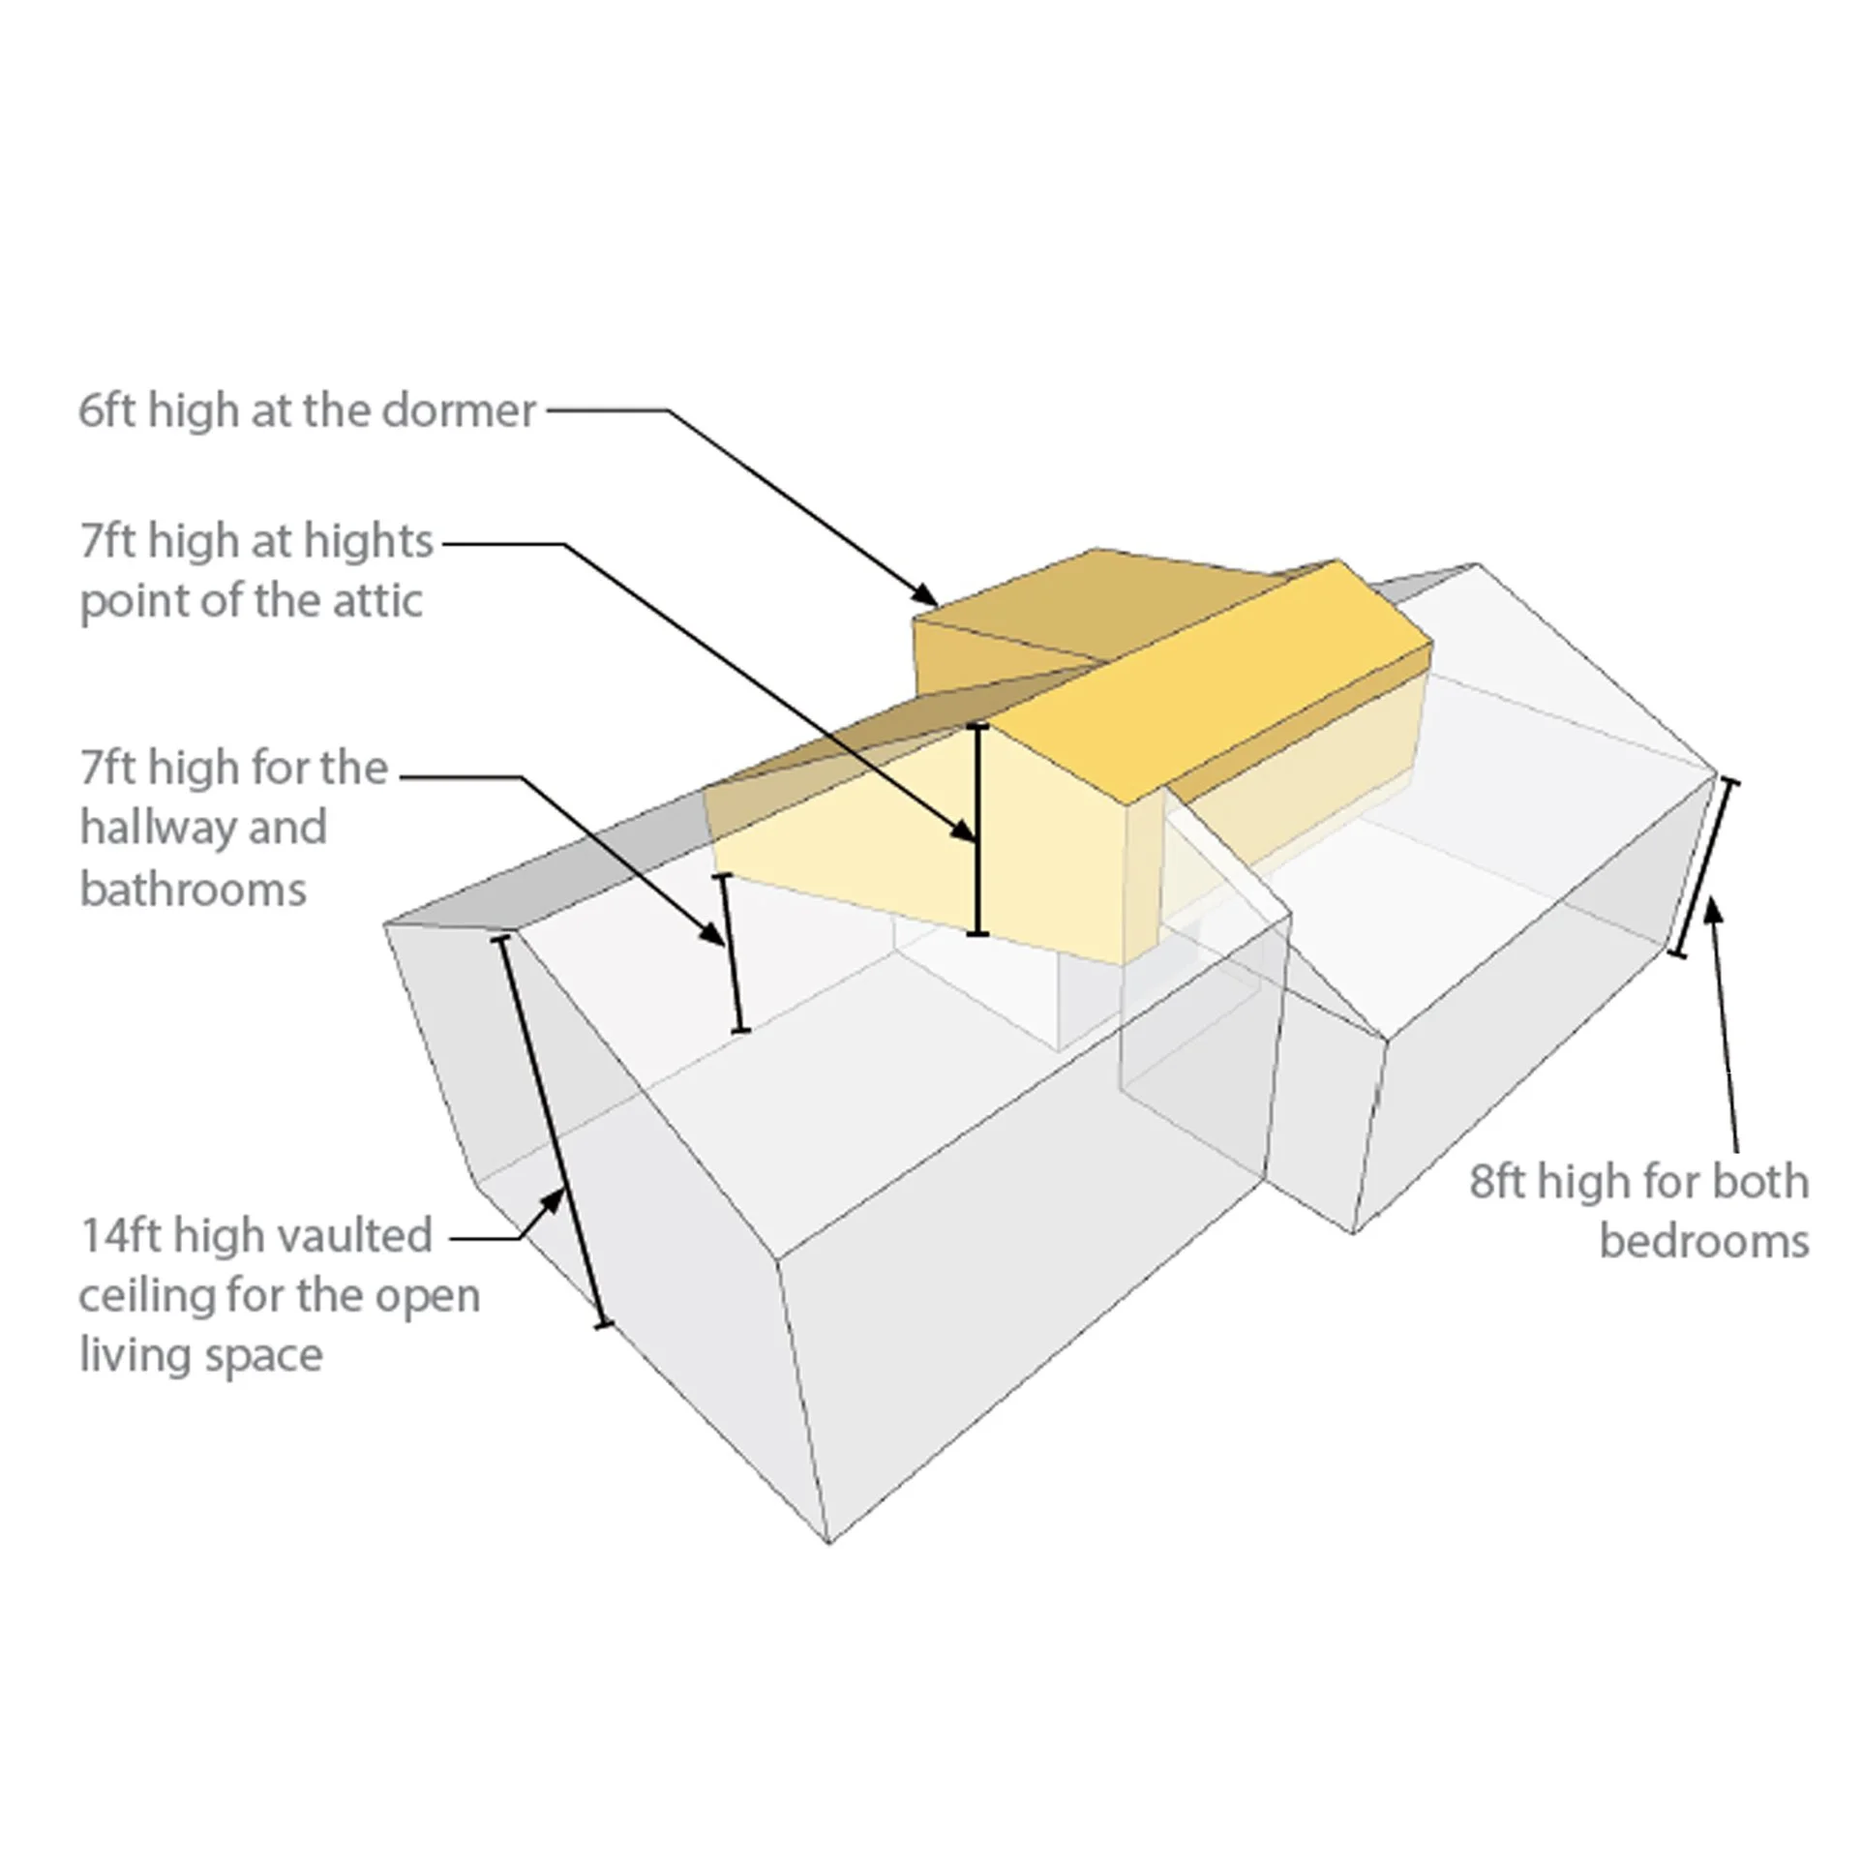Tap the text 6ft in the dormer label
[x=108, y=410]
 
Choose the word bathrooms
[x=193, y=890]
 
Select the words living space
[x=200, y=1354]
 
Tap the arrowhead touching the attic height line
[x=964, y=830]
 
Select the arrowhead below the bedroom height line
[x=1712, y=911]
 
